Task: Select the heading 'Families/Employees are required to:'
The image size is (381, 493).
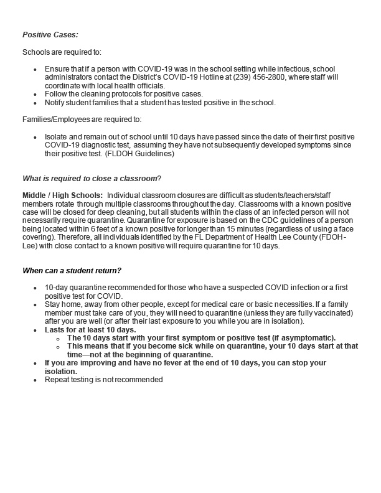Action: [79, 117]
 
